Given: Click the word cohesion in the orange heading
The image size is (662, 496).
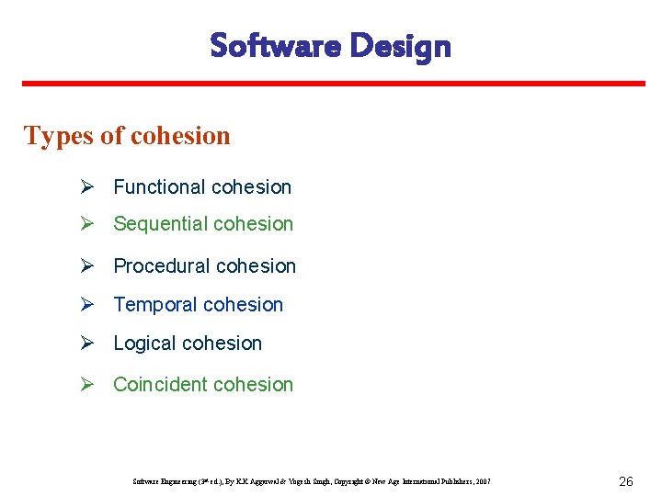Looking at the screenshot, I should [x=180, y=136].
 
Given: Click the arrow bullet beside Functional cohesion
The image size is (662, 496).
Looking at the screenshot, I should [x=86, y=187].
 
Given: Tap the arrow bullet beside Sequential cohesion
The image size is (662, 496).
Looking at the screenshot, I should [x=86, y=224].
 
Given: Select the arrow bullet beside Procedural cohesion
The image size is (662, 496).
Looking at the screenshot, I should [x=86, y=266].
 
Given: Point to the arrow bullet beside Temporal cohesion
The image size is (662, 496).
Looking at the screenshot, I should [x=86, y=305].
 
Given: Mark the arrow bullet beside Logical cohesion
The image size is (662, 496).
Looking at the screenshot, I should [x=86, y=344].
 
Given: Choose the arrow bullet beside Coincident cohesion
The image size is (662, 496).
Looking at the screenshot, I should [x=86, y=385].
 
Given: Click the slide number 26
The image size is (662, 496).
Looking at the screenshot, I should [x=625, y=481].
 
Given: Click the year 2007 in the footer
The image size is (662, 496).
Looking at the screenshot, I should [x=483, y=481].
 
